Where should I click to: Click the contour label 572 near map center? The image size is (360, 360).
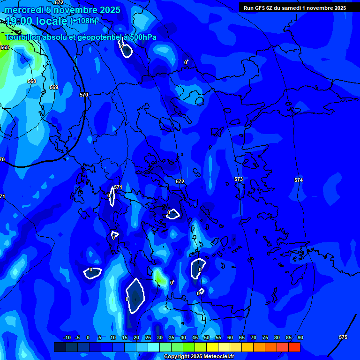(180, 181)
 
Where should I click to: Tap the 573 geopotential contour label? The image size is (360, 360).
(239, 180)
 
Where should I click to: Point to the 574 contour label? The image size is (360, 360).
(299, 180)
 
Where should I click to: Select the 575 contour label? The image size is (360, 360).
(343, 337)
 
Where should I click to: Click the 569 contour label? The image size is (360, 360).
(54, 87)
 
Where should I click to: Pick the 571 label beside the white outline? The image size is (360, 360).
(118, 187)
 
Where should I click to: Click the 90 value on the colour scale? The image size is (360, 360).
(300, 338)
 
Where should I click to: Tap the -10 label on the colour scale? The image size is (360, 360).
(67, 338)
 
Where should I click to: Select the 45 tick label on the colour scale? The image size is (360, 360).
(195, 338)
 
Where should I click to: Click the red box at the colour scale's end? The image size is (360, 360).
(294, 347)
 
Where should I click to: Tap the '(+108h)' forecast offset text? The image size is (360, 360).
(83, 21)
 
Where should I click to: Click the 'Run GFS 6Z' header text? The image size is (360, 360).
(260, 8)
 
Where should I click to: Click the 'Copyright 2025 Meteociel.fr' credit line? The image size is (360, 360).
(199, 356)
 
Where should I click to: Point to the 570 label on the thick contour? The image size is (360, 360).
(84, 95)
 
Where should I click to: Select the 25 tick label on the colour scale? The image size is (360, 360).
(148, 338)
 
